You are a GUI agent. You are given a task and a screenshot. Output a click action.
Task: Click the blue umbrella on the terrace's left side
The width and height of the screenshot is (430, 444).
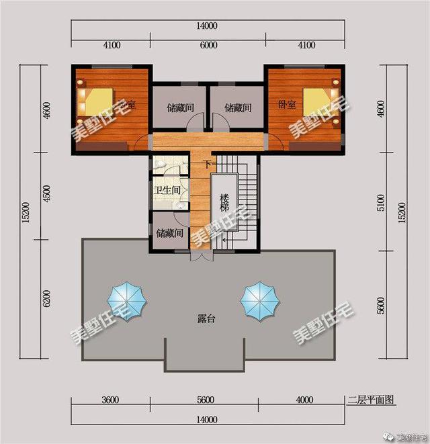click(x=127, y=300)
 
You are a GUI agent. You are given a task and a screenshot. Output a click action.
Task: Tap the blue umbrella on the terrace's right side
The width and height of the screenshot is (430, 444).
click(x=259, y=300)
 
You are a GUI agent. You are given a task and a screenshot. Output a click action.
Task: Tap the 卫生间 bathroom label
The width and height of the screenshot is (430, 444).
click(x=167, y=191)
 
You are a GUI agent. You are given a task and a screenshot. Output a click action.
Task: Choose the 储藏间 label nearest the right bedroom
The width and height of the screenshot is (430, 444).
click(x=237, y=107)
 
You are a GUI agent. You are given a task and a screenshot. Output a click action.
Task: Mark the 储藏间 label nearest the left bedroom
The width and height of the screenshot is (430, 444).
click(x=180, y=107)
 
